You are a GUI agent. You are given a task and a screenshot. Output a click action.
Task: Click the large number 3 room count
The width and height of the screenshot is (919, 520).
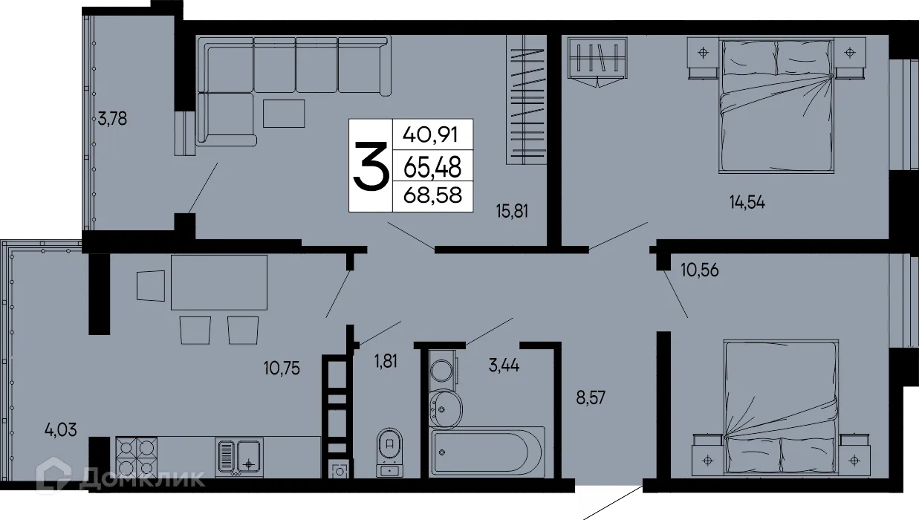[370, 167]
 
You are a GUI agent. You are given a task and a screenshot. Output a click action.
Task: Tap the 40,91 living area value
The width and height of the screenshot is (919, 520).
[431, 135]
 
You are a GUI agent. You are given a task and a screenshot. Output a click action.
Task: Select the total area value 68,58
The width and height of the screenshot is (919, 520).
[431, 195]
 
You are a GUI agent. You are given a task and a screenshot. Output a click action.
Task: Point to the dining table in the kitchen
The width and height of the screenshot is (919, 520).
[219, 282]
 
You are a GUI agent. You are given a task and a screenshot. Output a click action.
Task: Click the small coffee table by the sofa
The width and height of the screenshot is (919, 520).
[283, 113]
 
